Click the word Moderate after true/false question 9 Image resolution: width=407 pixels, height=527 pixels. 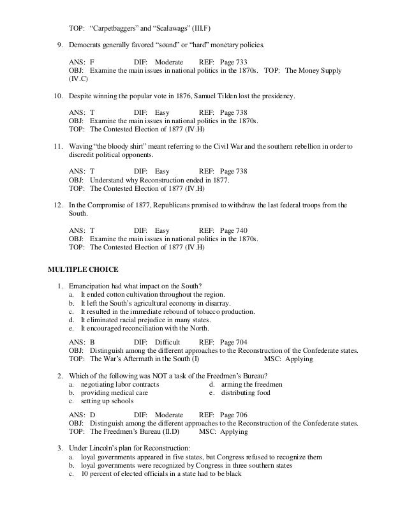(169, 61)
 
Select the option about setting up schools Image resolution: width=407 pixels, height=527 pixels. (107, 402)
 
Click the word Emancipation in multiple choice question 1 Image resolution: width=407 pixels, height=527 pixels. (89, 285)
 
